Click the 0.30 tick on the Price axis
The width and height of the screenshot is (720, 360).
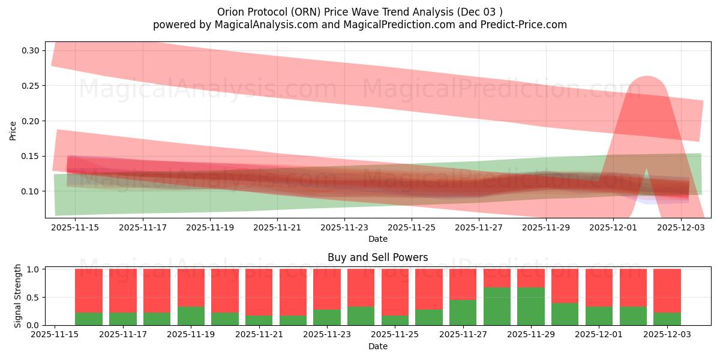pyautogui.click(x=31, y=50)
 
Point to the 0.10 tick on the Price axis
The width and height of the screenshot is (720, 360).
pyautogui.click(x=31, y=191)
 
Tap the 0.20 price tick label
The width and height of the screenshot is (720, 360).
pyautogui.click(x=31, y=121)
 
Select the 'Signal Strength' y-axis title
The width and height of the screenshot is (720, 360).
pyautogui.click(x=17, y=296)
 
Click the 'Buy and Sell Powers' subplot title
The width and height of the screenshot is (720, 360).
pyautogui.click(x=377, y=257)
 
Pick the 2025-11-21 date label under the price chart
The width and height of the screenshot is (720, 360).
pyautogui.click(x=277, y=228)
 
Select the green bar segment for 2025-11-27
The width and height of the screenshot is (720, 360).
pyautogui.click(x=463, y=313)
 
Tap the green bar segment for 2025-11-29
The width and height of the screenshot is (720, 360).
pyautogui.click(x=530, y=306)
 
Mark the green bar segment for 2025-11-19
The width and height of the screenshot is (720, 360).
pyautogui.click(x=191, y=316)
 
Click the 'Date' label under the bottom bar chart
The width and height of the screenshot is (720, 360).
pyautogui.click(x=377, y=346)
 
